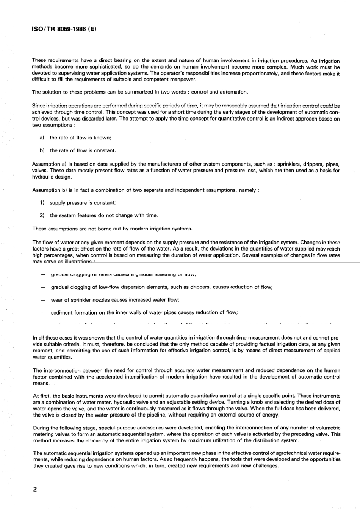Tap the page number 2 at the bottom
click(x=34, y=489)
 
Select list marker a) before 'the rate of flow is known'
click(x=42, y=138)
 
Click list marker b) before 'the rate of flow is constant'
click(x=42, y=150)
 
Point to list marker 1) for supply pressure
click(x=42, y=203)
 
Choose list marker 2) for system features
click(x=42, y=215)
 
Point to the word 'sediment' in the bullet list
click(x=62, y=313)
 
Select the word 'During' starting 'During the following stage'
click(x=41, y=428)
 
